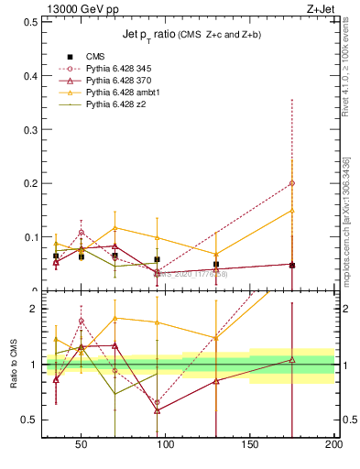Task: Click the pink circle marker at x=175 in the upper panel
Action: [x=292, y=183]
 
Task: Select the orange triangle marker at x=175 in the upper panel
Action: [x=292, y=211]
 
